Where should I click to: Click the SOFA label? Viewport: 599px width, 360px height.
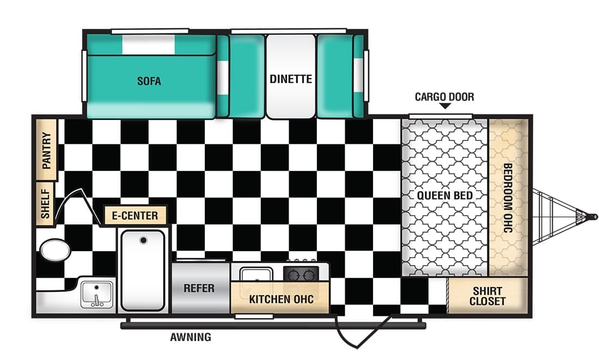click(x=149, y=82)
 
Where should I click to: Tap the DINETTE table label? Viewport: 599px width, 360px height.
click(x=291, y=79)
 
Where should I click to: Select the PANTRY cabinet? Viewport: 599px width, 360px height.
click(x=47, y=149)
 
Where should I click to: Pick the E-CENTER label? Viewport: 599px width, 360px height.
click(x=135, y=216)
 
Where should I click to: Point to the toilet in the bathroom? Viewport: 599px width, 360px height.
click(x=55, y=251)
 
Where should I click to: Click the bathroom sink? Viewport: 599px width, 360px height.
click(x=97, y=295)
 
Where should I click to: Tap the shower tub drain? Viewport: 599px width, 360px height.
click(x=143, y=240)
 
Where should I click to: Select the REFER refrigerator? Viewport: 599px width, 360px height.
click(x=200, y=288)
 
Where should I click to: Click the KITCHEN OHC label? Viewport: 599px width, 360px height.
click(x=280, y=299)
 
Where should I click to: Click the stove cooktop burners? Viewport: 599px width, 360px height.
click(x=301, y=273)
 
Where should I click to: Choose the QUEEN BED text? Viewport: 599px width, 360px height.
click(x=445, y=196)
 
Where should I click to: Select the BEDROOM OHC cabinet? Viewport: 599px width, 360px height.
click(x=508, y=198)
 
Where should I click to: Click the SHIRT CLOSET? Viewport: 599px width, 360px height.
click(x=487, y=296)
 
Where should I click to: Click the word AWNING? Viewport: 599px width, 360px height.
click(x=190, y=337)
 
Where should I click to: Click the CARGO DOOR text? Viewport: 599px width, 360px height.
click(x=444, y=97)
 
